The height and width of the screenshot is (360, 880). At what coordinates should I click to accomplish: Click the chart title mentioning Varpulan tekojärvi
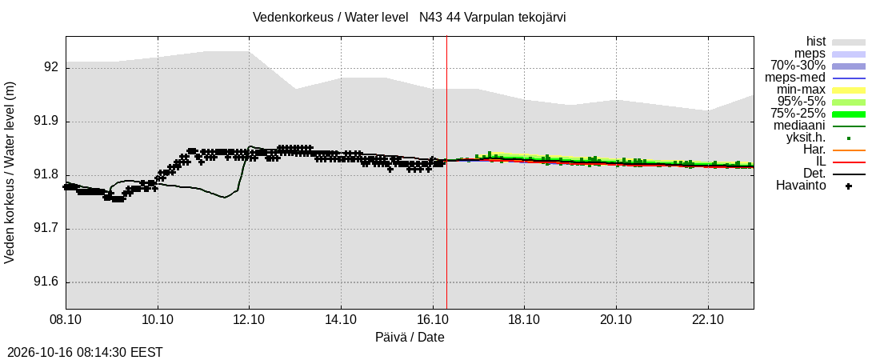pos(409,18)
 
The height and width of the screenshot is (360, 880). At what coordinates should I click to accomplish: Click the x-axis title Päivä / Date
pos(410,338)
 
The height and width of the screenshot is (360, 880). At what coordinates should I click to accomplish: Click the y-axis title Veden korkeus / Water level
pos(10,173)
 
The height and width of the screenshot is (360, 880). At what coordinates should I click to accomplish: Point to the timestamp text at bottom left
pos(82,353)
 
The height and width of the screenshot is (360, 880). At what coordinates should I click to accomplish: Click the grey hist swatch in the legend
pos(849,42)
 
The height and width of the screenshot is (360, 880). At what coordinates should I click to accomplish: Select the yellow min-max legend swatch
pos(849,90)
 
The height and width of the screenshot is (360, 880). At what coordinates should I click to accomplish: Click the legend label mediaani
pos(799,126)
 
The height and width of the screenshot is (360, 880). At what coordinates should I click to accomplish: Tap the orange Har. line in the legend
pos(849,150)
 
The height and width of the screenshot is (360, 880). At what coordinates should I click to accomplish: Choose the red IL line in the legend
pos(849,162)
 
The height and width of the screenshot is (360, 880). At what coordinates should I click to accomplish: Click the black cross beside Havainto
pos(849,186)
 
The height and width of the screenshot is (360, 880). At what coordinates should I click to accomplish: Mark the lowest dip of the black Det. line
pos(225,197)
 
